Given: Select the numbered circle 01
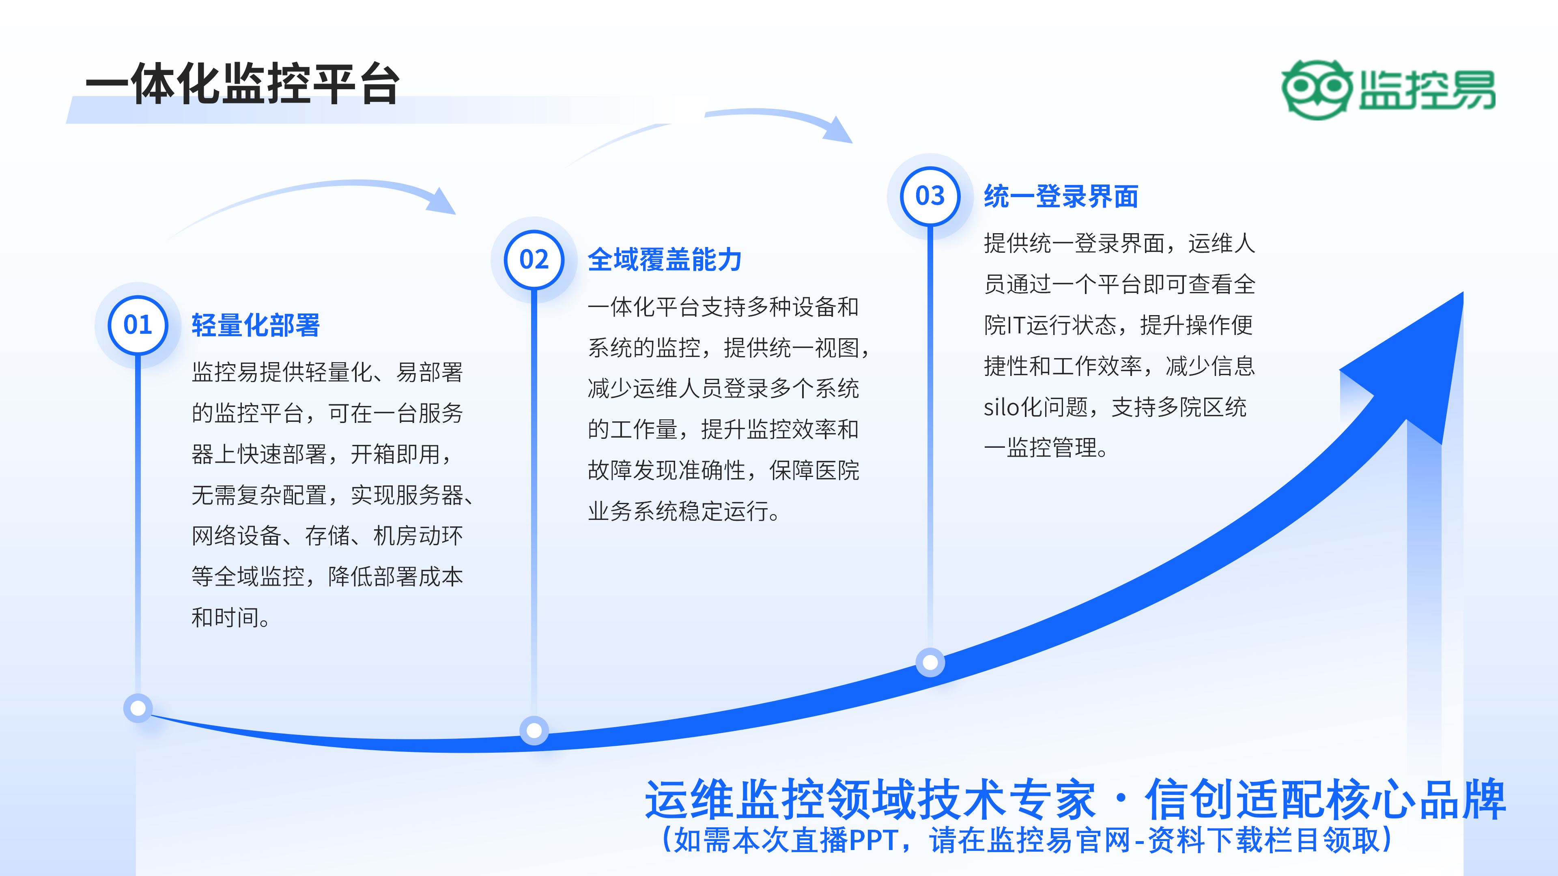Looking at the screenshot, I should pos(138,325).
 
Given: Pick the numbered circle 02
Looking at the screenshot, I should pos(534,260).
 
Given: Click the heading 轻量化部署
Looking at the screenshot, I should pos(255,325).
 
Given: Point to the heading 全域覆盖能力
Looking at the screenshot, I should pos(665,260).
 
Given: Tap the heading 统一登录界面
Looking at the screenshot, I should pos(1061,196).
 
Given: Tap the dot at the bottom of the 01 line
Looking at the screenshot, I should pos(138,708).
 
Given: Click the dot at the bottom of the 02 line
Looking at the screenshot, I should pos(534,730).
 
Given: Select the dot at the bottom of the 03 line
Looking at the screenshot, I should pos(930,663).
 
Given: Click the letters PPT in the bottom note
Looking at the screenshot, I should pos(874,840).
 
